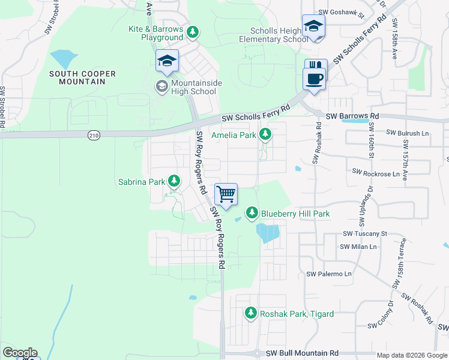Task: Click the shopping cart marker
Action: pos(226,194)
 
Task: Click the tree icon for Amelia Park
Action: pos(265,136)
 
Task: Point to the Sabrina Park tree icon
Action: pos(174,181)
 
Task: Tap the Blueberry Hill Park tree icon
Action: pos(252,213)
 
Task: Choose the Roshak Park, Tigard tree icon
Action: pos(251,313)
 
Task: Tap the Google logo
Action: pos(20,353)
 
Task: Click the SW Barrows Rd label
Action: pos(352,116)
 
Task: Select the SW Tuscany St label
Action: pos(365,233)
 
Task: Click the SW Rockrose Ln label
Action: pos(376,173)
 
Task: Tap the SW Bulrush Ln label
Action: pos(408,132)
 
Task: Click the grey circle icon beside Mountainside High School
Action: pos(161,86)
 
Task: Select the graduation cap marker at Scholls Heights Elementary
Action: pos(313,26)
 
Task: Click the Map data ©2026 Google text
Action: pos(412,355)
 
